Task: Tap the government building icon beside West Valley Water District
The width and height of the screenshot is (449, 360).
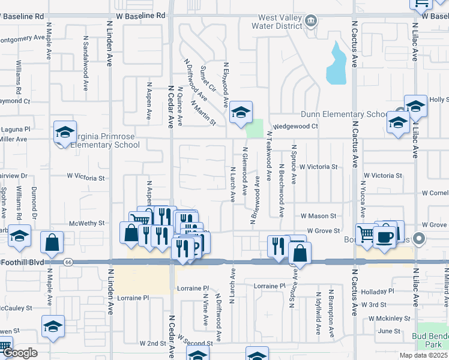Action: tap(310, 22)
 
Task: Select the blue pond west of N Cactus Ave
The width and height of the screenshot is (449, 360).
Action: tap(336, 65)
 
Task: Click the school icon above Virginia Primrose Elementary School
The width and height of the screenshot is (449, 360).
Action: tap(65, 133)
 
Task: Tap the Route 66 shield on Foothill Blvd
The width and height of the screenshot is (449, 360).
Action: tap(67, 262)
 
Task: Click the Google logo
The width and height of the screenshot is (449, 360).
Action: tap(20, 353)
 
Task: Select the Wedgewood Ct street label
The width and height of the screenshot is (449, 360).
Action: tap(296, 127)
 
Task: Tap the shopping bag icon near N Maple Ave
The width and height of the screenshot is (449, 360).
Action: tap(52, 242)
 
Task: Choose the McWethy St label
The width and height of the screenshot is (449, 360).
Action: tap(87, 223)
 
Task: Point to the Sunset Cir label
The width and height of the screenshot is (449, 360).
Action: tap(207, 78)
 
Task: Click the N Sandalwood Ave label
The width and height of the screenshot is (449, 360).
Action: tap(86, 63)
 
